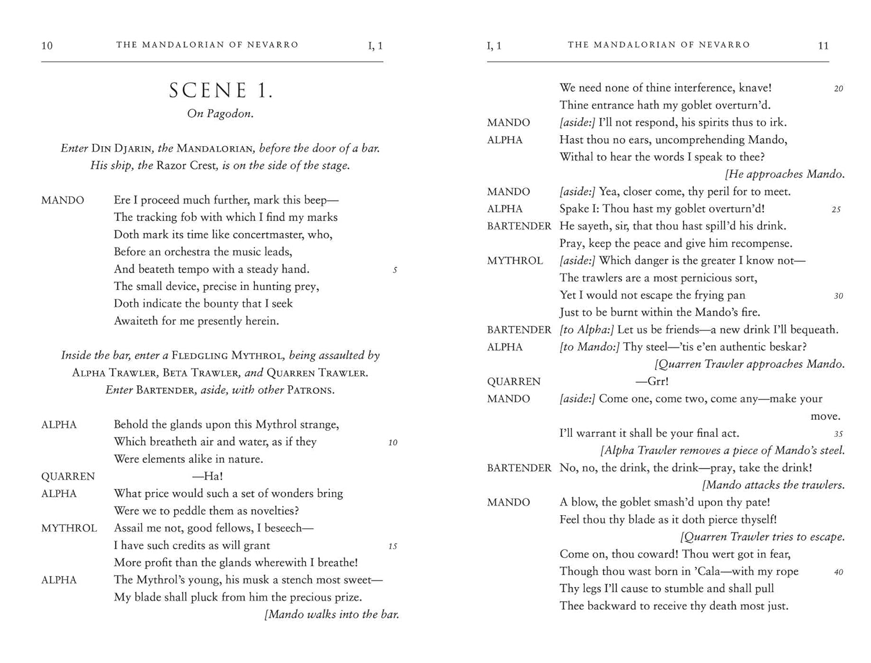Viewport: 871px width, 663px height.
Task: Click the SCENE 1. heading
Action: pos(221,90)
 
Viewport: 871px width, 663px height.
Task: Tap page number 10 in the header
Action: pos(47,46)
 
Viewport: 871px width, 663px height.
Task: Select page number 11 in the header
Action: pos(823,46)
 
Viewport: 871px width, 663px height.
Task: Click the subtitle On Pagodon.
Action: pos(220,114)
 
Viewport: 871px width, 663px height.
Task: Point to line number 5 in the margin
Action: pos(395,270)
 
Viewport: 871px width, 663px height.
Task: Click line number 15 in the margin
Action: pos(393,546)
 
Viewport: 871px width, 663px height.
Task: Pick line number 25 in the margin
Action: pos(836,209)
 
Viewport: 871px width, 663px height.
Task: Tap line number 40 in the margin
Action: pos(838,573)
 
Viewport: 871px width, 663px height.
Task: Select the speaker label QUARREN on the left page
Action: pos(68,476)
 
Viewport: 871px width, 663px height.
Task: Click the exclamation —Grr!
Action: pos(652,382)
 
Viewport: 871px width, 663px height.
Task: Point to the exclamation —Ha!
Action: pos(208,476)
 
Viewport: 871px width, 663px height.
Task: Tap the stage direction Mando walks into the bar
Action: pos(332,614)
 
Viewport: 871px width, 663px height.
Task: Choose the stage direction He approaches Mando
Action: pos(785,174)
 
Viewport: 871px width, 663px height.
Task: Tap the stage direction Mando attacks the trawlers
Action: pos(773,485)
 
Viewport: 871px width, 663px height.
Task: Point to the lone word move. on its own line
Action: pos(825,416)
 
